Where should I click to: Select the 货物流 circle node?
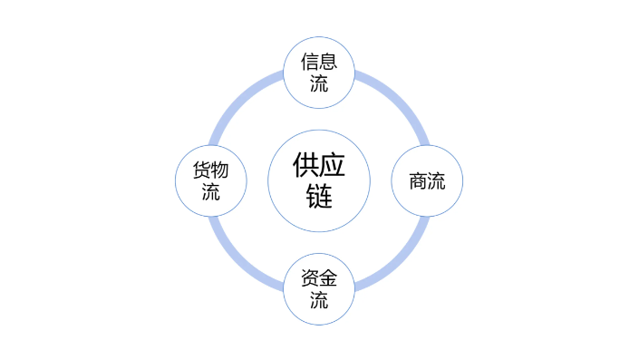[x=210, y=180]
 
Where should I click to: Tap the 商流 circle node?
[x=427, y=180]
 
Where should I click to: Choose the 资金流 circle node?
[x=319, y=288]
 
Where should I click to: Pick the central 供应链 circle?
[x=319, y=180]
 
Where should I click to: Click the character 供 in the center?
[x=305, y=165]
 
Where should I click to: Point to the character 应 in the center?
[x=333, y=165]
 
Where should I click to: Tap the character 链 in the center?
[x=319, y=195]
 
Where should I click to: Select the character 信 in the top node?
[x=309, y=62]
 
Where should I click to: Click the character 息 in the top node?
[x=328, y=62]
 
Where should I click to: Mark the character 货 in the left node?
[x=201, y=170]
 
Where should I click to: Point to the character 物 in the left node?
[x=220, y=170]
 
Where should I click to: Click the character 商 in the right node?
[x=418, y=180]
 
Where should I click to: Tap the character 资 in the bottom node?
[x=309, y=279]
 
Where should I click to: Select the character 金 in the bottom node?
[x=328, y=279]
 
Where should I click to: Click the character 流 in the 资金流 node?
[x=319, y=300]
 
